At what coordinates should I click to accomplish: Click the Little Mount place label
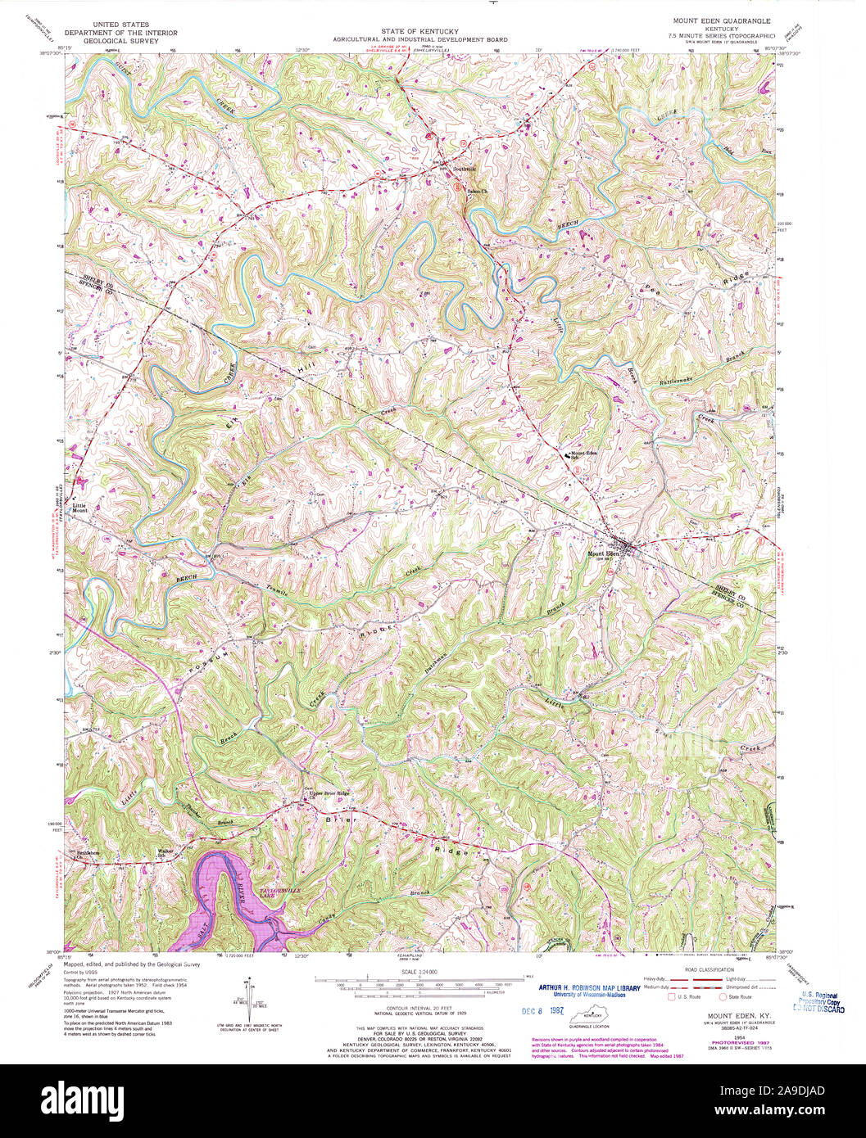[79, 508]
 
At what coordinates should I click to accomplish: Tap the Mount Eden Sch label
[583, 455]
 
